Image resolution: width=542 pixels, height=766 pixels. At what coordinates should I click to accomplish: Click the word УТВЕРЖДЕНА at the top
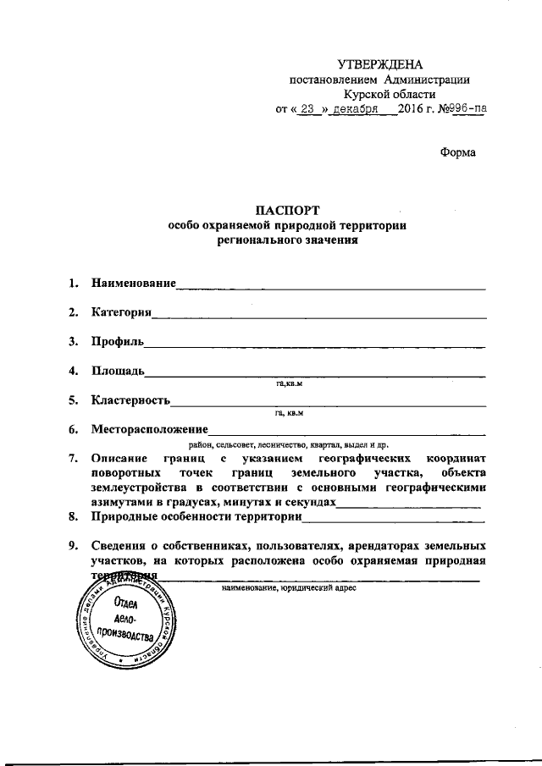tap(379, 64)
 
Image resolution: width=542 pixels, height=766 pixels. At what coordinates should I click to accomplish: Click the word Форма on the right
tap(457, 152)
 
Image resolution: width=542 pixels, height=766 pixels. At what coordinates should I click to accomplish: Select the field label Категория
tap(121, 311)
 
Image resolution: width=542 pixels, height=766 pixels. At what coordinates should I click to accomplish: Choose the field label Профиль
tap(118, 341)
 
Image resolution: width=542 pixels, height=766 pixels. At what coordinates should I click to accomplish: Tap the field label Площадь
tap(119, 371)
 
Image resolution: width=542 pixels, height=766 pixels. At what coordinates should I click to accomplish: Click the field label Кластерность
tap(131, 400)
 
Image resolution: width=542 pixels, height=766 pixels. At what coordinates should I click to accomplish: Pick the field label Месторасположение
tap(149, 429)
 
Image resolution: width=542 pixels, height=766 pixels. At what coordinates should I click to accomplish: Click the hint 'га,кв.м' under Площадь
tap(289, 384)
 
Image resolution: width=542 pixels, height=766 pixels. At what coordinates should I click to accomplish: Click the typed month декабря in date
tap(356, 109)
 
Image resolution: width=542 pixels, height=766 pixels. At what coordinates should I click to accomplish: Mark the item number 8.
tap(74, 515)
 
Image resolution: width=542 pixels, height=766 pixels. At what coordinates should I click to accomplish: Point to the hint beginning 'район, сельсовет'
tap(288, 444)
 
